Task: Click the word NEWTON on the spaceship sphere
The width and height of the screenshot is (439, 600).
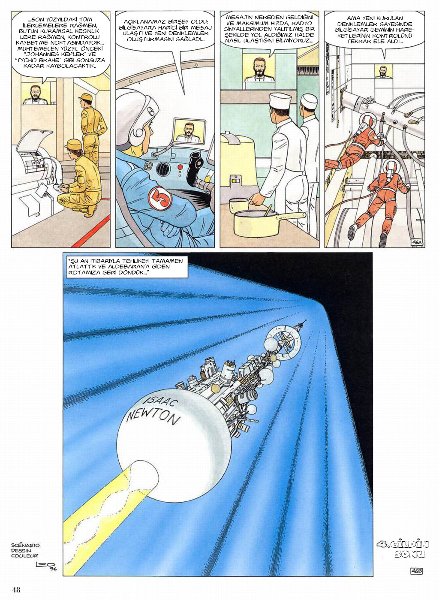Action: pyautogui.click(x=153, y=416)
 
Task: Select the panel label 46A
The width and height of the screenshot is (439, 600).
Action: pyautogui.click(x=417, y=242)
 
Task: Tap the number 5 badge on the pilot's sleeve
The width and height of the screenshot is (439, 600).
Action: pyautogui.click(x=160, y=199)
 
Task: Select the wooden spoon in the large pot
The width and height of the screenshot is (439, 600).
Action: pyautogui.click(x=268, y=210)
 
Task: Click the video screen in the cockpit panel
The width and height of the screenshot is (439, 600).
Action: pyautogui.click(x=189, y=131)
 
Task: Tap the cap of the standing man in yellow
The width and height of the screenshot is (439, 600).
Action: pyautogui.click(x=85, y=97)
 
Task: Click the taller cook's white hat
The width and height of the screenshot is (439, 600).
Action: pyautogui.click(x=280, y=100)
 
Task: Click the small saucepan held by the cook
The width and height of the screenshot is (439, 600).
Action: pyautogui.click(x=239, y=205)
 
